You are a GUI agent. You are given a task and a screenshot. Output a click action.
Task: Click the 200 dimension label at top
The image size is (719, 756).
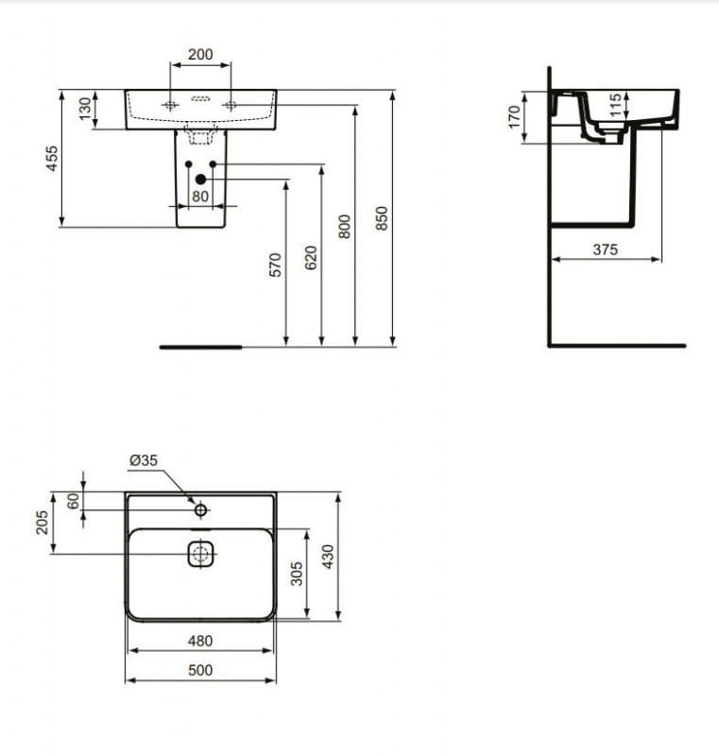(200, 54)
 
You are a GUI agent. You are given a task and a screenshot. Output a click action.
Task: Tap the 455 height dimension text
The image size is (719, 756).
(52, 158)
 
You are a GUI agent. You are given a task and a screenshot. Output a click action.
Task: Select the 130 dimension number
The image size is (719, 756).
(85, 109)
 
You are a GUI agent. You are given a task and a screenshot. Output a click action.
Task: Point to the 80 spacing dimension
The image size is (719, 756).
(200, 197)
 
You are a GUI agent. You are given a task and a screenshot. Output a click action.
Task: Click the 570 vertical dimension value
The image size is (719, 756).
(275, 265)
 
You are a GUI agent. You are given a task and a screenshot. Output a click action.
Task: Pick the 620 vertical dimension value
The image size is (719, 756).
(311, 258)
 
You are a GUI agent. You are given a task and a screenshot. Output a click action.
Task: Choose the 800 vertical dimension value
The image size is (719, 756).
(345, 227)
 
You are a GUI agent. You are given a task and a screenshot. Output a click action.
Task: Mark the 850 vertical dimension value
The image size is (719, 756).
(381, 218)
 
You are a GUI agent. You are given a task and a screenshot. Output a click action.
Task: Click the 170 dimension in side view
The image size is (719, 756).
(515, 117)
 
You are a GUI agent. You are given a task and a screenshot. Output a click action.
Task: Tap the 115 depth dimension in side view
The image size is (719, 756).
(615, 105)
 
